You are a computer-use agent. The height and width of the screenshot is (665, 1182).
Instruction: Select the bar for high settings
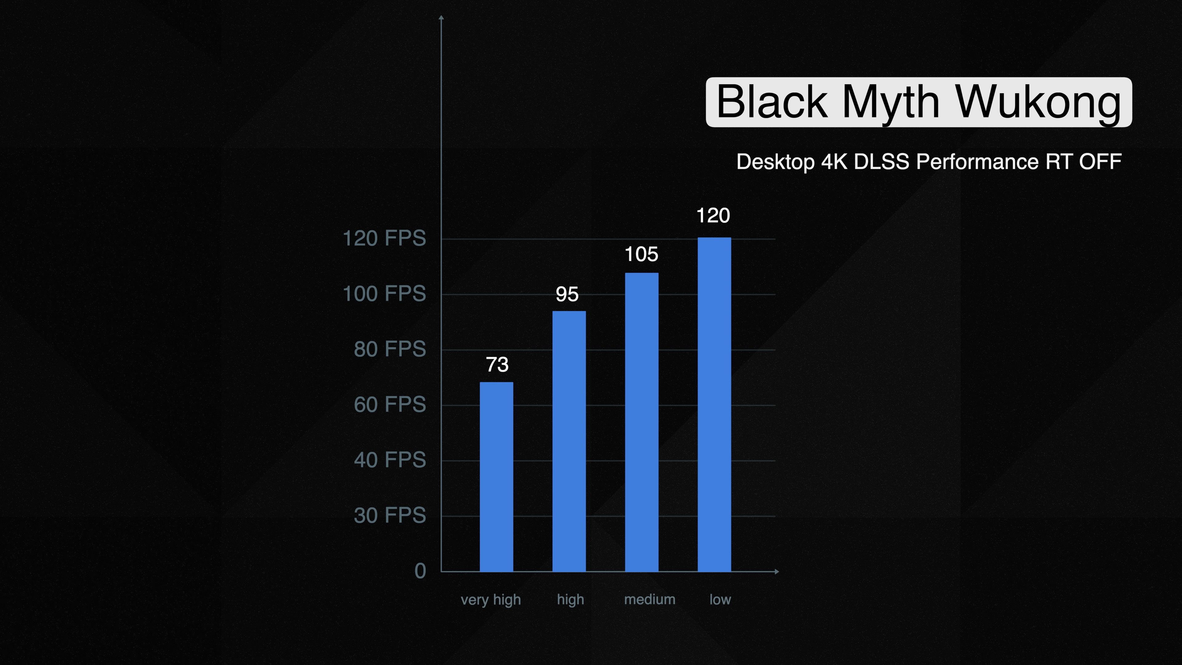(x=569, y=441)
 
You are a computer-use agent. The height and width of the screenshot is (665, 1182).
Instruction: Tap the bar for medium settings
(x=641, y=422)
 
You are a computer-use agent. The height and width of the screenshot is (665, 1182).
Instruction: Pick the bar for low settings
(x=714, y=404)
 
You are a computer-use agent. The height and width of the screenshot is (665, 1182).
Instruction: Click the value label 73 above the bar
(x=497, y=365)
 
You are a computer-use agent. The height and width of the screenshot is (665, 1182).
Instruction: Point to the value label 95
(x=567, y=294)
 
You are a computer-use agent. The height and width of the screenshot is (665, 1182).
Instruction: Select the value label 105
(x=641, y=254)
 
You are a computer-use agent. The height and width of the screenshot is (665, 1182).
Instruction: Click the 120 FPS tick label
(x=384, y=239)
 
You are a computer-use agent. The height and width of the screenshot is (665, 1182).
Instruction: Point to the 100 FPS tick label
(x=384, y=294)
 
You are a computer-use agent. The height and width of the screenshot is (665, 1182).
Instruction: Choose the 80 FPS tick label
(x=390, y=349)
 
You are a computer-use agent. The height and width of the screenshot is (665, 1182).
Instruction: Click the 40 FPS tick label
(x=390, y=460)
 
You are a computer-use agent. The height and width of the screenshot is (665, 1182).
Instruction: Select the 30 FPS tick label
(x=390, y=515)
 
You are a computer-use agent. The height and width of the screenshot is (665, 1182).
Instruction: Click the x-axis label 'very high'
(x=491, y=600)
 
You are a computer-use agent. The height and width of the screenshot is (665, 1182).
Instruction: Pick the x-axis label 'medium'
(x=650, y=599)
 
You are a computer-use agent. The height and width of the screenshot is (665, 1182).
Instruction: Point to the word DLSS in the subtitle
(x=882, y=162)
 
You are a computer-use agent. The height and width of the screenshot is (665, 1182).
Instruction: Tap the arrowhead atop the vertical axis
(x=441, y=18)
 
